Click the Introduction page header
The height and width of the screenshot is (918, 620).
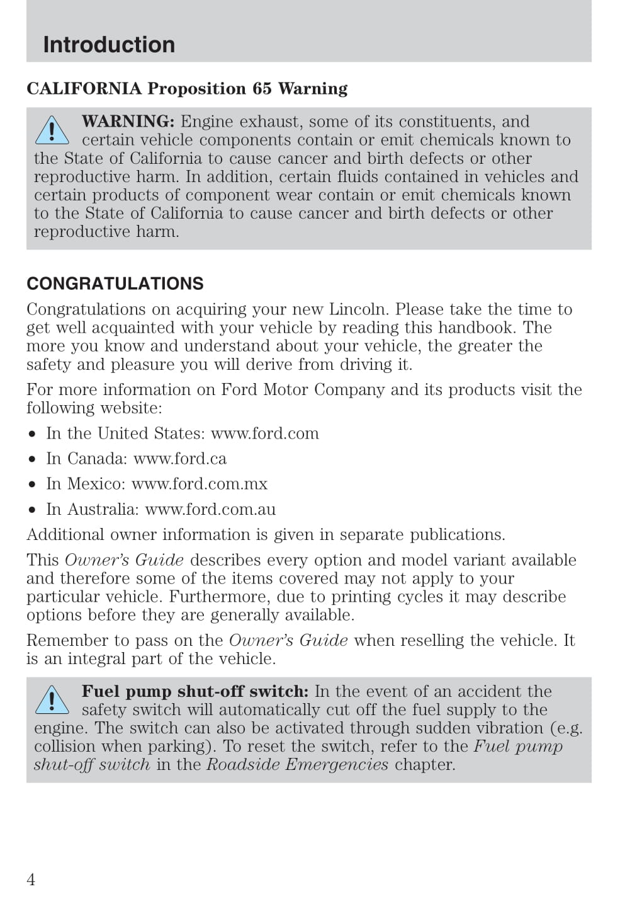(x=109, y=45)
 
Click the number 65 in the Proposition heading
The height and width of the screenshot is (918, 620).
(x=262, y=88)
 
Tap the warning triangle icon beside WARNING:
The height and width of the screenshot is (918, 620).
(x=52, y=130)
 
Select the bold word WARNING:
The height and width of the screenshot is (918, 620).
(x=128, y=121)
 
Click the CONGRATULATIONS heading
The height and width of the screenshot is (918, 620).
(x=115, y=284)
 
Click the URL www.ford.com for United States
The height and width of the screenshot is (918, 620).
(x=264, y=433)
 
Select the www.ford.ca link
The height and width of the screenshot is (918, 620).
(x=180, y=459)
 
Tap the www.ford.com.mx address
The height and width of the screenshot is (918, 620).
(x=200, y=484)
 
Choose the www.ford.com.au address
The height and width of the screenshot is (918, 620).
(x=210, y=509)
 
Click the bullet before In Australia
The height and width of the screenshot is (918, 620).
(x=31, y=510)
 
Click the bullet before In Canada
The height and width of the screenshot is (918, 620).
(x=31, y=459)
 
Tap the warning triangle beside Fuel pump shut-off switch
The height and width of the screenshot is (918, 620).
(x=52, y=701)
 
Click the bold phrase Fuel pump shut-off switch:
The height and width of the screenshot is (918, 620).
(x=195, y=691)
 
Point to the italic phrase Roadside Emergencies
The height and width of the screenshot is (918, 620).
(x=297, y=765)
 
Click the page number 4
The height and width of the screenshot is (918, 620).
(x=31, y=880)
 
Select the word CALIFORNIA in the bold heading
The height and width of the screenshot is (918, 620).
(x=84, y=88)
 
